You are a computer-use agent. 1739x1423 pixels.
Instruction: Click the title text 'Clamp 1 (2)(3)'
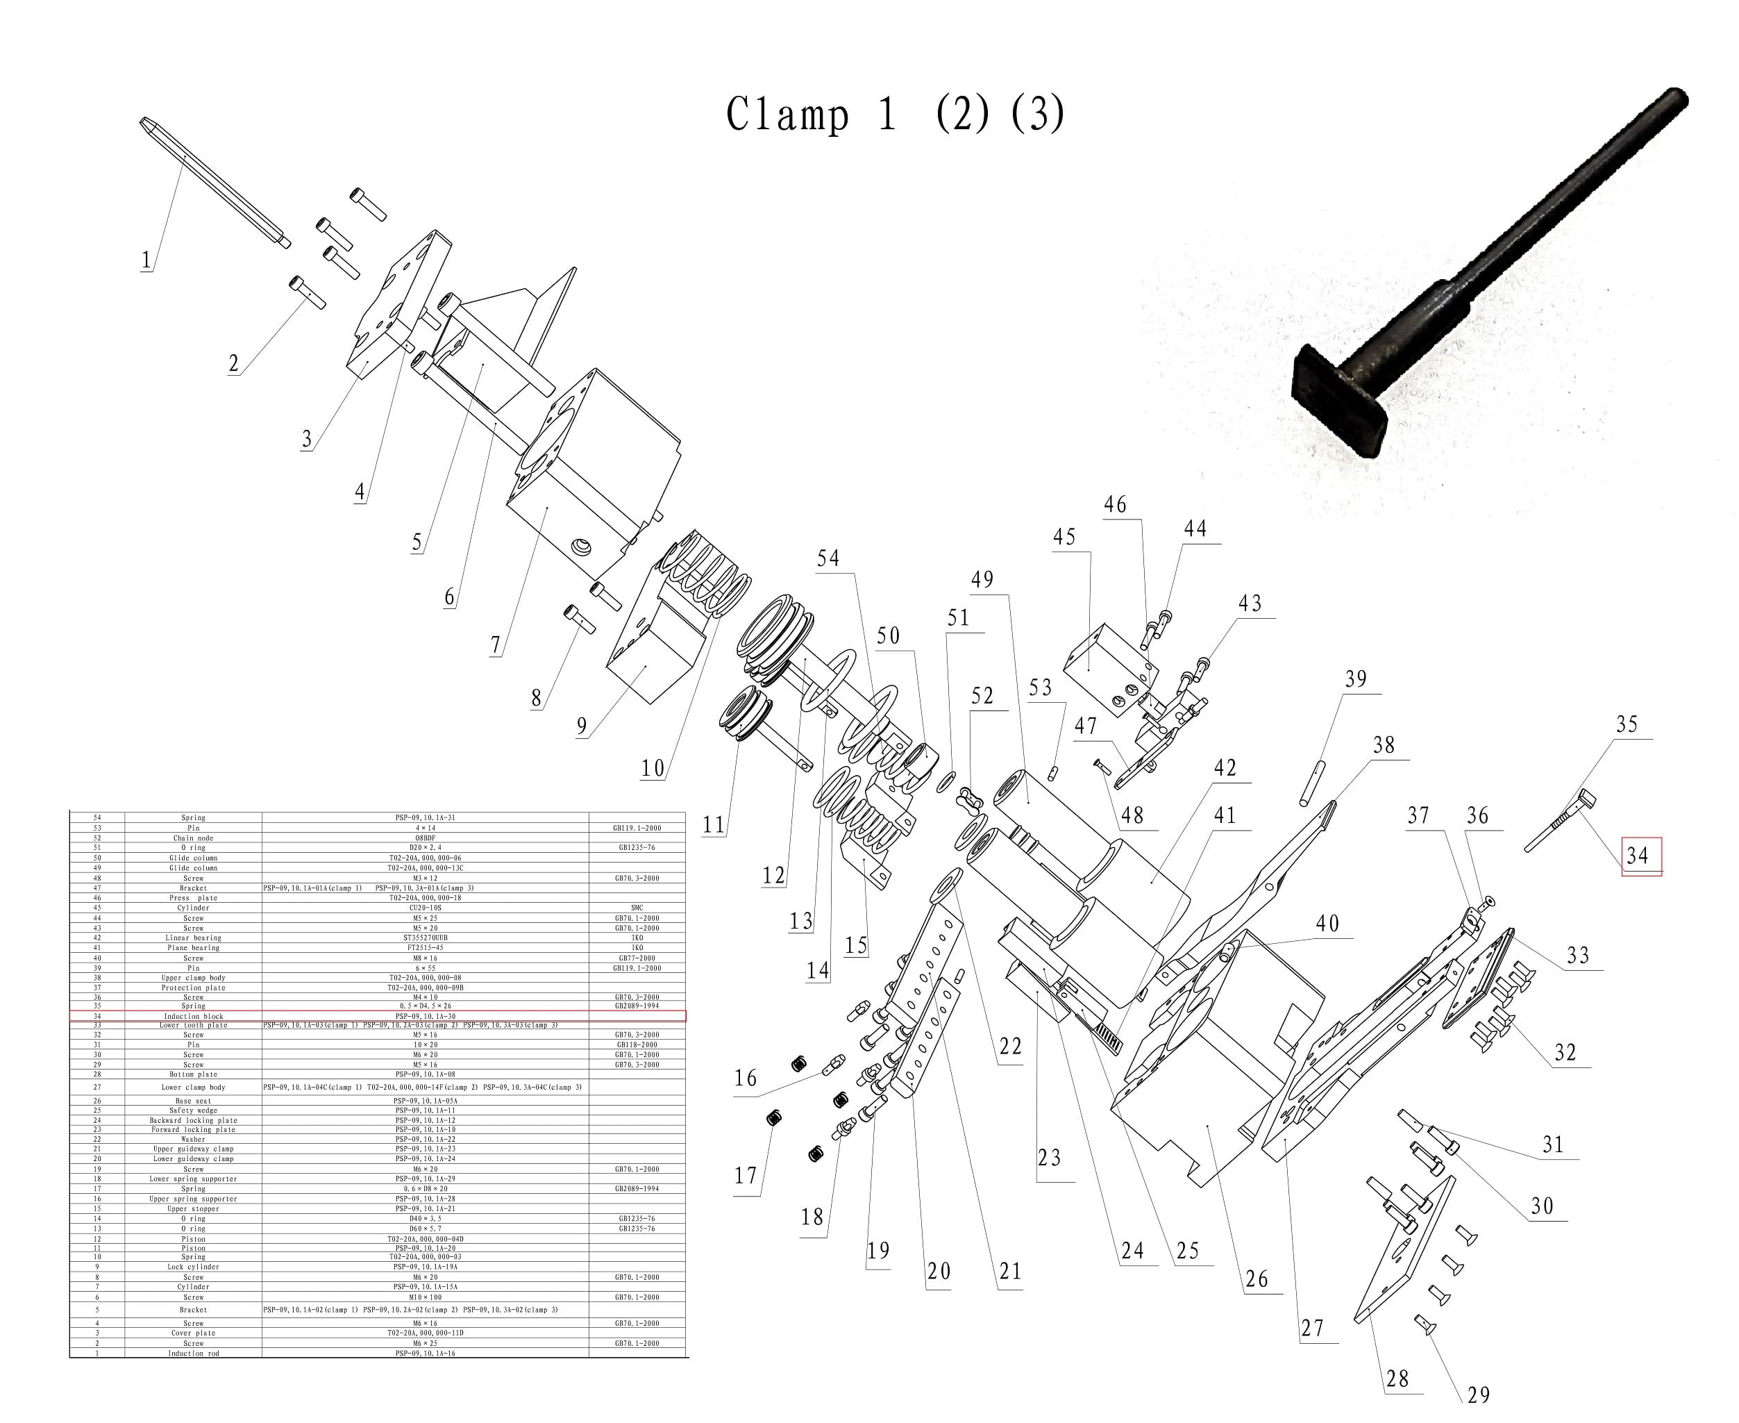[895, 114]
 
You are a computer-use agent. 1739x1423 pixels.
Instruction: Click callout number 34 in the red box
[1636, 856]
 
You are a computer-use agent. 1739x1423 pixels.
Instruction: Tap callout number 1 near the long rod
[146, 260]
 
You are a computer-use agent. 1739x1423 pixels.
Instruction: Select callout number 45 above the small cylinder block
[1064, 537]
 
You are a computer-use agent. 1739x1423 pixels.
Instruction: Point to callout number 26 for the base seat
[1257, 1279]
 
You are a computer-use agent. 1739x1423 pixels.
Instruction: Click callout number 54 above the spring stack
[828, 559]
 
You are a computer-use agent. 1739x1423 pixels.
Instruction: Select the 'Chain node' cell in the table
[194, 838]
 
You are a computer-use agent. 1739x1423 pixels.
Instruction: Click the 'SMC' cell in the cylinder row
[637, 908]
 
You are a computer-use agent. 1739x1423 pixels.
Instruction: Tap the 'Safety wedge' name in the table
[194, 1110]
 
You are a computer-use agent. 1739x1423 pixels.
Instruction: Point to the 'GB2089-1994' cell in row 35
[637, 1006]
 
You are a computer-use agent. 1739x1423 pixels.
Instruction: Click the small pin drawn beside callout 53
[1054, 773]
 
